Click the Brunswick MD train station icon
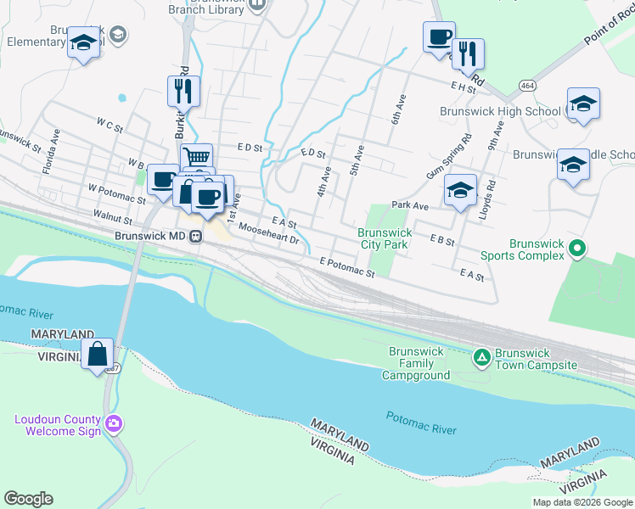195,236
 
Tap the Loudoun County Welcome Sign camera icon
114,422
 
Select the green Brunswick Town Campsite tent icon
481,357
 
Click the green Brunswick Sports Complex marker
577,249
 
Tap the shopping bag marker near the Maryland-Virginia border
98,353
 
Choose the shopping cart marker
196,157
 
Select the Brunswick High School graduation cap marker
583,103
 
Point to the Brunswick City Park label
385,238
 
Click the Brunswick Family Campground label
419,362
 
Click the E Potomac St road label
347,268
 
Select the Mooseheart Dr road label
269,233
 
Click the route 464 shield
528,86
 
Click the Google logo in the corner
28,499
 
